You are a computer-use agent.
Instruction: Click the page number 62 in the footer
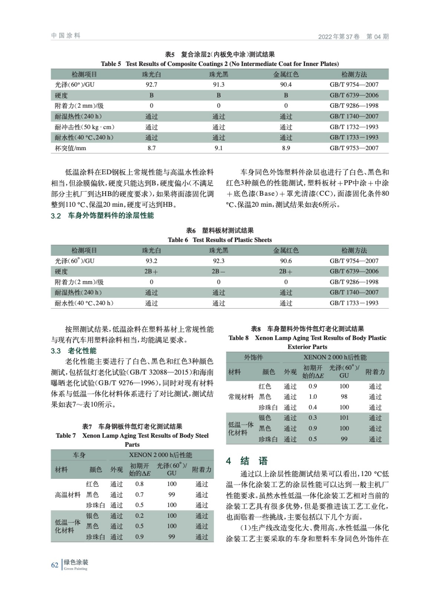(54, 565)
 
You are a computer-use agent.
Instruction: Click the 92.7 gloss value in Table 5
(151, 85)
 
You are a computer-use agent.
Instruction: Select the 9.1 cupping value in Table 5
(219, 148)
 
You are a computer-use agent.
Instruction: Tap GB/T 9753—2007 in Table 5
(354, 148)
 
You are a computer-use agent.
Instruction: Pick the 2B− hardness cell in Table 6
(218, 271)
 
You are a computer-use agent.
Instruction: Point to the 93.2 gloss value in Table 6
(151, 261)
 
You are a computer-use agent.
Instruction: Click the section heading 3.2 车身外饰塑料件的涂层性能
(102, 216)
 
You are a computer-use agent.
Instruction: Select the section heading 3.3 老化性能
(73, 351)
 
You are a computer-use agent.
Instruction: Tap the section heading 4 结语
(247, 461)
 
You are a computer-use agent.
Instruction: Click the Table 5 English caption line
(220, 64)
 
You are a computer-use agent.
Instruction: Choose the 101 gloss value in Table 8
(344, 418)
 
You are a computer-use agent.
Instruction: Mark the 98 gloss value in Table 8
(344, 397)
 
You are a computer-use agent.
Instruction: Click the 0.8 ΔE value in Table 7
(139, 484)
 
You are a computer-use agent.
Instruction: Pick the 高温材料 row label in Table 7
(68, 494)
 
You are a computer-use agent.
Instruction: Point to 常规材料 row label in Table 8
(241, 397)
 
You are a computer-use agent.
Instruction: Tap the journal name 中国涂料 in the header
(66, 36)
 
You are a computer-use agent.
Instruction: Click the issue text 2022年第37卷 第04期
(353, 36)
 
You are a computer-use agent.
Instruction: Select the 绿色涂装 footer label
(76, 563)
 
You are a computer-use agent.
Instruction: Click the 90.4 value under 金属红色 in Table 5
(286, 85)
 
